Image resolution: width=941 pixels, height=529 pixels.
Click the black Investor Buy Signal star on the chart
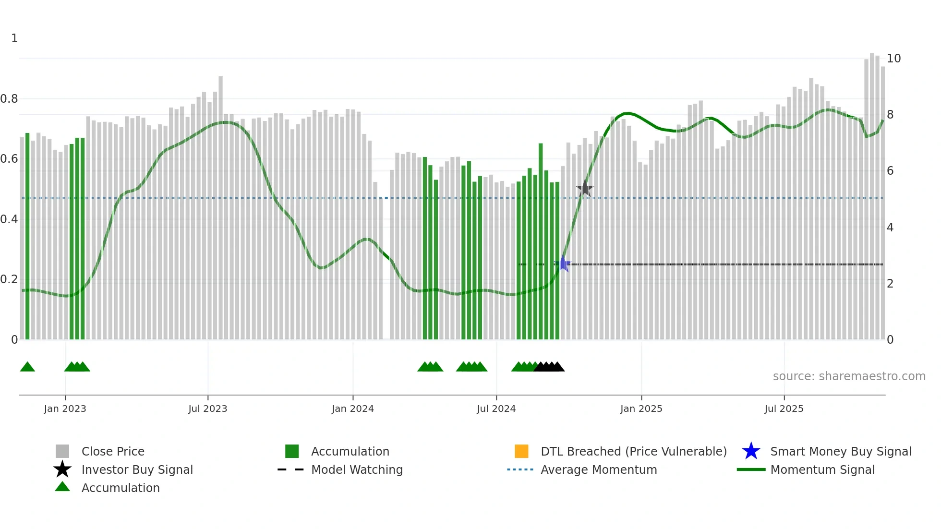point(585,189)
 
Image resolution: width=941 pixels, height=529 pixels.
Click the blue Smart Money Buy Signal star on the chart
point(563,264)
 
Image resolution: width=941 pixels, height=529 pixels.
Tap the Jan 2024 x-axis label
point(352,409)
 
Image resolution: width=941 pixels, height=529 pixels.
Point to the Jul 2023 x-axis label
point(207,409)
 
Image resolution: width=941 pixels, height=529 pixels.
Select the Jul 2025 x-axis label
point(784,409)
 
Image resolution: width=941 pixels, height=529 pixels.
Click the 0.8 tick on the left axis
point(10,99)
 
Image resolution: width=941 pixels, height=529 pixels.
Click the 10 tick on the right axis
point(893,59)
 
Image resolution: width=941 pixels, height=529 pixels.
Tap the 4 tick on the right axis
point(890,228)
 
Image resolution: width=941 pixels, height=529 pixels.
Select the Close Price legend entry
point(112,451)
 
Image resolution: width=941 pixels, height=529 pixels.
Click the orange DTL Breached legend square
point(521,451)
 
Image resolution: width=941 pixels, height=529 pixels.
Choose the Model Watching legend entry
point(356,469)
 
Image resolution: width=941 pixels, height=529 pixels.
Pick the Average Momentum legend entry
point(598,469)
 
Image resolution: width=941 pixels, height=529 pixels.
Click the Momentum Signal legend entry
point(822,469)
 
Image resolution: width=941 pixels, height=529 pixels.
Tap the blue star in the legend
point(751,451)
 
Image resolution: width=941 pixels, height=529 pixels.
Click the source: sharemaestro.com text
point(849,376)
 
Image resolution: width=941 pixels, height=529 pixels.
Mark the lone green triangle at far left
point(27,367)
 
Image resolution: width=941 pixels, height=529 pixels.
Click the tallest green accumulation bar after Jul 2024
point(541,240)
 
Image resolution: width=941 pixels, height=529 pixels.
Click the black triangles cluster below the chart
point(549,367)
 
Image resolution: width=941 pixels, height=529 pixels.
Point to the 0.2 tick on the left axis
point(10,279)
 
